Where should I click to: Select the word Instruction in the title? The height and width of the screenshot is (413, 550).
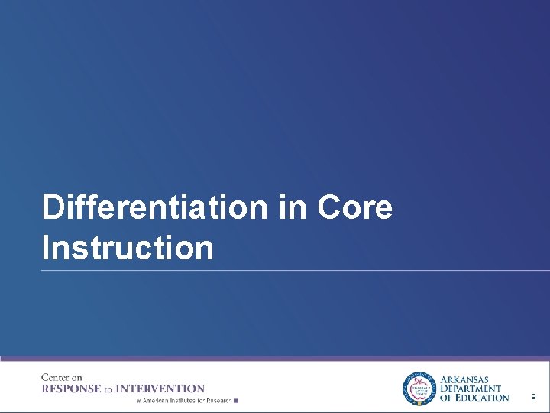click(x=128, y=249)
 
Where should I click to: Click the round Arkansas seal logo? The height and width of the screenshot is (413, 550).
click(x=418, y=388)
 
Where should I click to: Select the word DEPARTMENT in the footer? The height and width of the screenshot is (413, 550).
click(x=471, y=389)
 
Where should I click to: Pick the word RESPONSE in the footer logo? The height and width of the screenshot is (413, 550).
click(x=71, y=389)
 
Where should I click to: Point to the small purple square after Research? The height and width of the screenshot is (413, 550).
click(x=236, y=400)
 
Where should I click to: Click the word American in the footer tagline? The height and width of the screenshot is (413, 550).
click(x=155, y=400)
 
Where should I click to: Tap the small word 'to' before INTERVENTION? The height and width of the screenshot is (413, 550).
click(x=108, y=390)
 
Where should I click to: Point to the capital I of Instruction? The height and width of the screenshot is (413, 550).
click(x=47, y=249)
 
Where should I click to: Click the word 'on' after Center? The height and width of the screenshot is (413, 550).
click(x=76, y=378)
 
